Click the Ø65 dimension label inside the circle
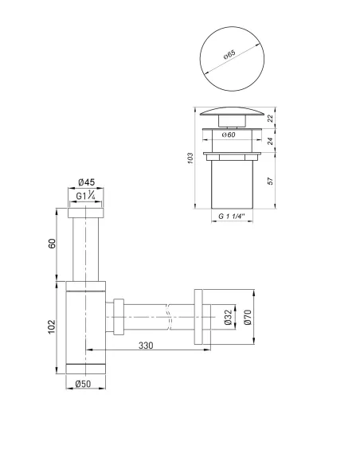coord(229,56)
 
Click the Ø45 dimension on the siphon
coord(87,182)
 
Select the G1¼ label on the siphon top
coord(87,197)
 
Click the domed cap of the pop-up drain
coord(229,112)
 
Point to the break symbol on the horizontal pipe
coord(168,318)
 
